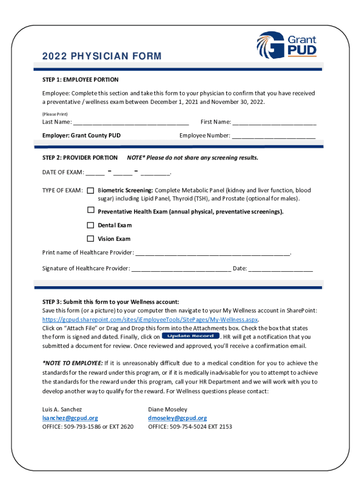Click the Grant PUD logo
[286, 44]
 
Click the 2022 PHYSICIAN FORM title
[101, 57]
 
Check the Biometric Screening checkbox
[91, 190]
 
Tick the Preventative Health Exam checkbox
[91, 210]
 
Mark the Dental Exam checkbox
[91, 225]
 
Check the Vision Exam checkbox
[91, 238]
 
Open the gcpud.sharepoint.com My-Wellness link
[150, 319]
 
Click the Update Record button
[190, 336]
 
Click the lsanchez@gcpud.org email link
[70, 418]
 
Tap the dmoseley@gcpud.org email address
[177, 418]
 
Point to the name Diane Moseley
[167, 409]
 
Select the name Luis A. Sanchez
[62, 409]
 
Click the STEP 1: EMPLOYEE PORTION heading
[80, 80]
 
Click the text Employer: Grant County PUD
[81, 136]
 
